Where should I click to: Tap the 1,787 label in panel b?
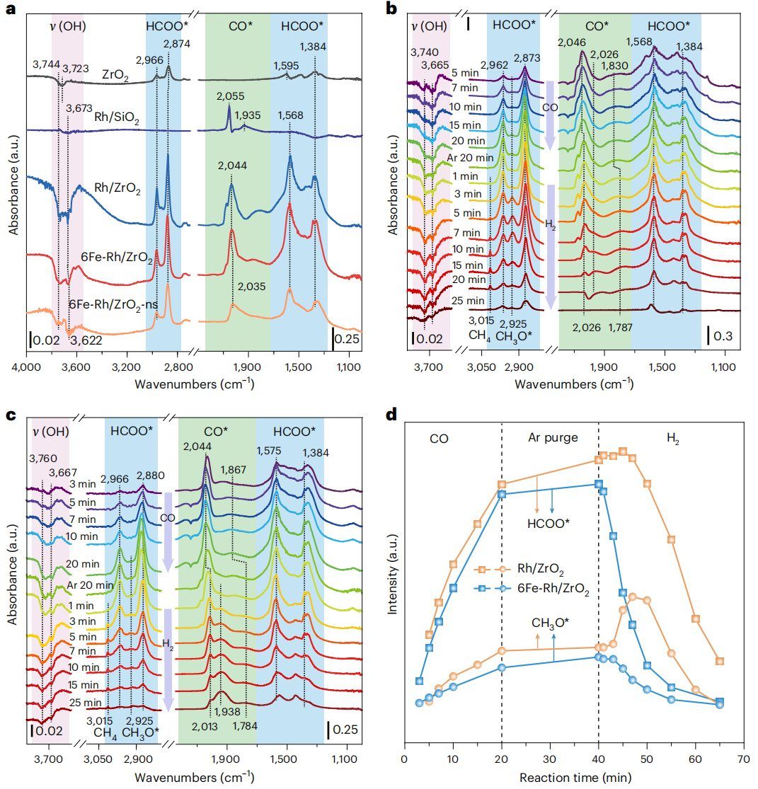tap(620, 326)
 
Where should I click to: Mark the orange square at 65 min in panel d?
tap(720, 661)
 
